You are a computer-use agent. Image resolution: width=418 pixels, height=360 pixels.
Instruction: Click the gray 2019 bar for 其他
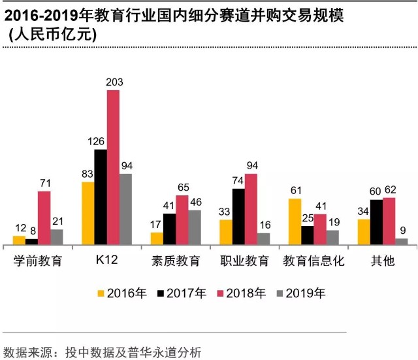pyautogui.click(x=401, y=242)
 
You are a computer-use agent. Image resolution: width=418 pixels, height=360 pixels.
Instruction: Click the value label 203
pyautogui.click(x=114, y=82)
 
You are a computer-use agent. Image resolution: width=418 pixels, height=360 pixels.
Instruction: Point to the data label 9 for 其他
pyautogui.click(x=403, y=229)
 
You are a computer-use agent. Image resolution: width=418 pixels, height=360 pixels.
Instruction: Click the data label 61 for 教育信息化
pyautogui.click(x=295, y=190)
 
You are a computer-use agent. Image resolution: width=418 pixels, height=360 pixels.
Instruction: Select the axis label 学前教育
pyautogui.click(x=38, y=261)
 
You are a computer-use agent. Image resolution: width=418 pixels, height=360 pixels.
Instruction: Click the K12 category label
pyautogui.click(x=106, y=261)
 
